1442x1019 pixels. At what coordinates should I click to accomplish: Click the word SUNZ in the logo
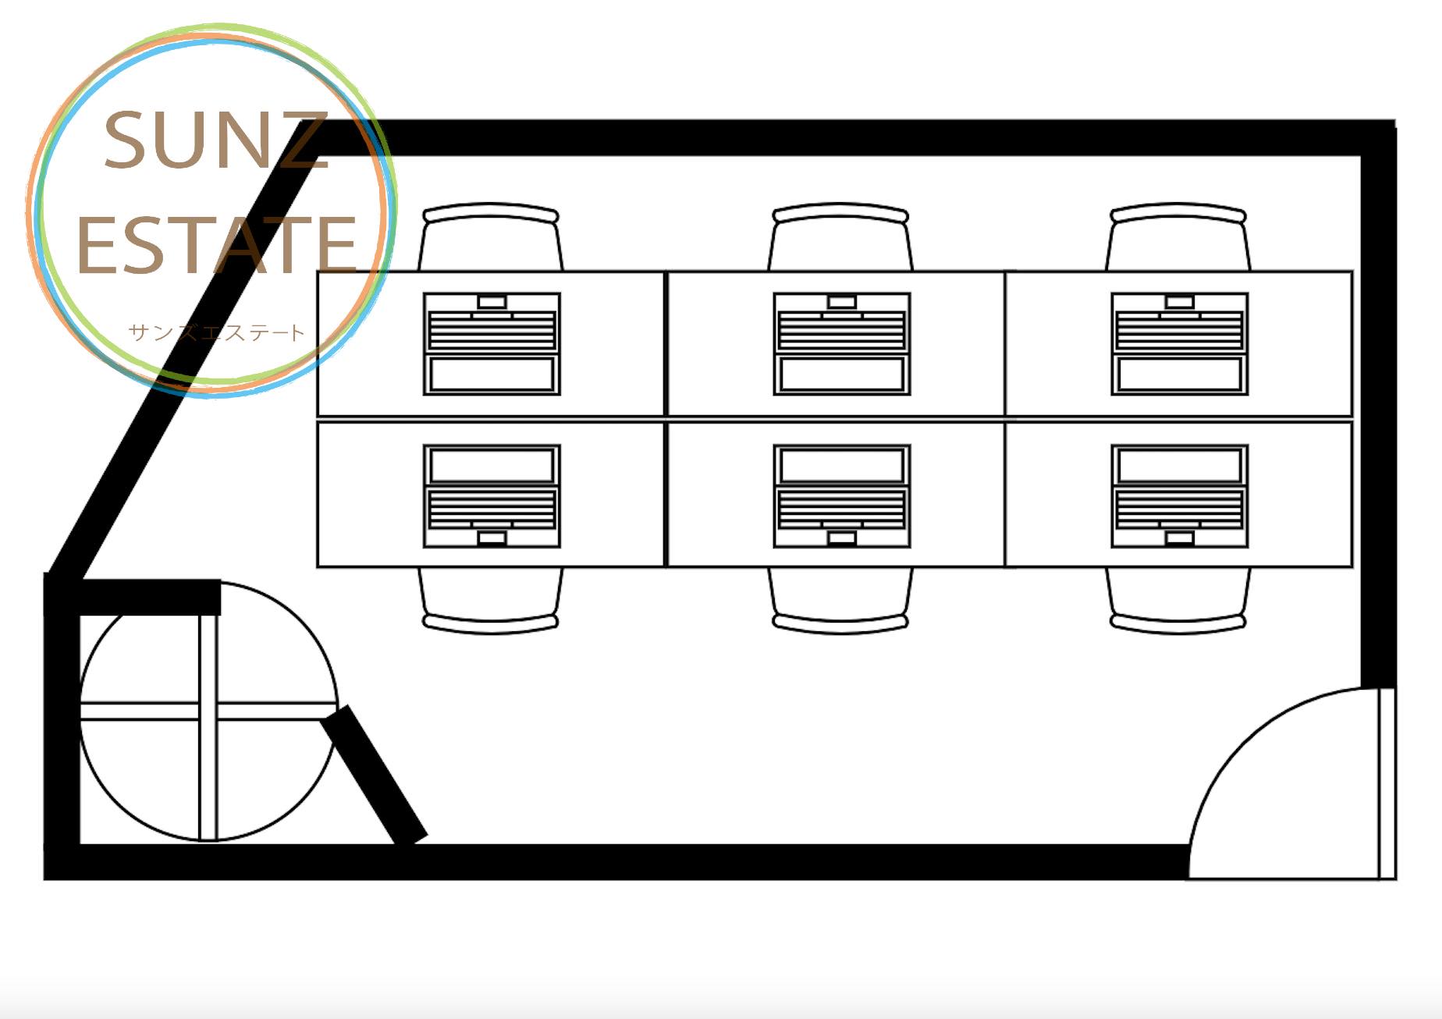215,140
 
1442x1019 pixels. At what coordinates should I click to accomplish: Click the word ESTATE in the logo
217,245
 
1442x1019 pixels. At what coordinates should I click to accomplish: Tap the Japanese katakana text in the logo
216,332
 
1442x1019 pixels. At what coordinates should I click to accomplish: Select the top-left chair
491,236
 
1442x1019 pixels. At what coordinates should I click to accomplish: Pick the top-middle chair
840,236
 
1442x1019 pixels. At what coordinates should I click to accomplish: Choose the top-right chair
1178,236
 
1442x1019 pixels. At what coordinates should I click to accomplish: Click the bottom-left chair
491,600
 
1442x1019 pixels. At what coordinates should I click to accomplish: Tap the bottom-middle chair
840,600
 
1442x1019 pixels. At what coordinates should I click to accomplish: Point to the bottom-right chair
1178,600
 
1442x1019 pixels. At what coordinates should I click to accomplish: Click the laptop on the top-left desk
492,344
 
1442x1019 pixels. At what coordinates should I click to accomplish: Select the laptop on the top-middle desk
842,344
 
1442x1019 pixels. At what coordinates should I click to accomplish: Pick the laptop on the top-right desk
1180,344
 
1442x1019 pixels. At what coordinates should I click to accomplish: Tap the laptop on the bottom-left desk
492,496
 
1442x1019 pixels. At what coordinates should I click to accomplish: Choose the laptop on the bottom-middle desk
842,496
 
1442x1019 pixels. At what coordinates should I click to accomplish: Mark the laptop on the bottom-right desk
1180,496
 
